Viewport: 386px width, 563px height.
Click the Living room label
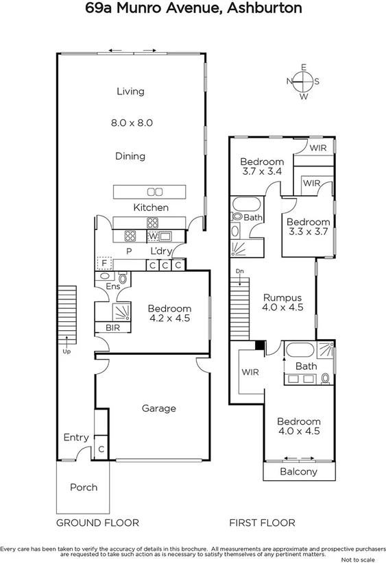130,91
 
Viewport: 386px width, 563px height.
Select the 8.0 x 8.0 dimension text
131,123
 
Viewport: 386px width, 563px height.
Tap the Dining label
130,156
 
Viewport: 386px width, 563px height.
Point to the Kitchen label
151,207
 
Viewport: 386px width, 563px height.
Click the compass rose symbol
302,82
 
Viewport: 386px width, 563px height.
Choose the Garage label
159,408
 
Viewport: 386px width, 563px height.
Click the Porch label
84,488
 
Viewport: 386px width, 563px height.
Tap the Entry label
75,438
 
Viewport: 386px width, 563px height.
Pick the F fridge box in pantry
104,263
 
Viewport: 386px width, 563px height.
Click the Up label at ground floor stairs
67,351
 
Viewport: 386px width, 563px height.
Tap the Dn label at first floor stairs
239,272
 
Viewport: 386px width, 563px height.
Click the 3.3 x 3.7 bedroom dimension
308,233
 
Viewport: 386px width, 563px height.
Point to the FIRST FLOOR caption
261,523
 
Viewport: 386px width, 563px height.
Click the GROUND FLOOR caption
97,523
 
